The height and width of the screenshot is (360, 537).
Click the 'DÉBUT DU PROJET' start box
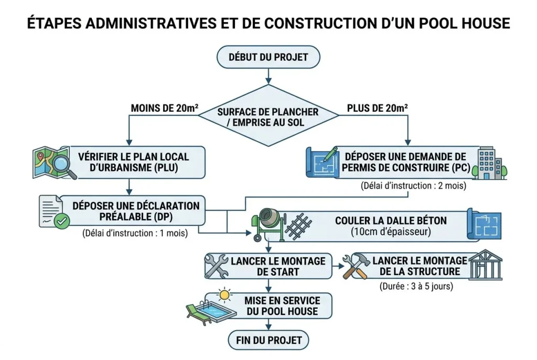point(268,57)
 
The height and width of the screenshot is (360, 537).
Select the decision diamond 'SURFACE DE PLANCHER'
point(268,117)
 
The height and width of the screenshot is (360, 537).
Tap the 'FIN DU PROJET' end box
point(268,340)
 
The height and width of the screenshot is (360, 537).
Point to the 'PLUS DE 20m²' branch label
point(378,108)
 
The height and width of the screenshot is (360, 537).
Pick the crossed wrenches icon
point(216,266)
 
